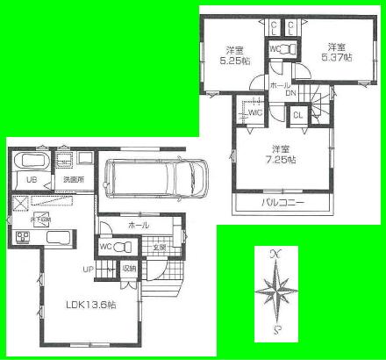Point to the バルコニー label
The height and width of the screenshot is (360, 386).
point(282,205)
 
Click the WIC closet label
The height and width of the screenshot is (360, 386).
point(255,112)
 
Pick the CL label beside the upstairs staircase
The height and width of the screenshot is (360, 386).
point(297,114)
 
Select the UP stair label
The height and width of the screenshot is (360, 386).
point(88,269)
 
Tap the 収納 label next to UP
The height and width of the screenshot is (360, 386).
point(128,269)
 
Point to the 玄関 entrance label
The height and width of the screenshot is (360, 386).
point(160,247)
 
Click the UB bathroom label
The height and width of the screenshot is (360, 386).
point(30,181)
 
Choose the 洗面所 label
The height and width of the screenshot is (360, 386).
point(72,181)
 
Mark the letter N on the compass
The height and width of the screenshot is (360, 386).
point(276,254)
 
